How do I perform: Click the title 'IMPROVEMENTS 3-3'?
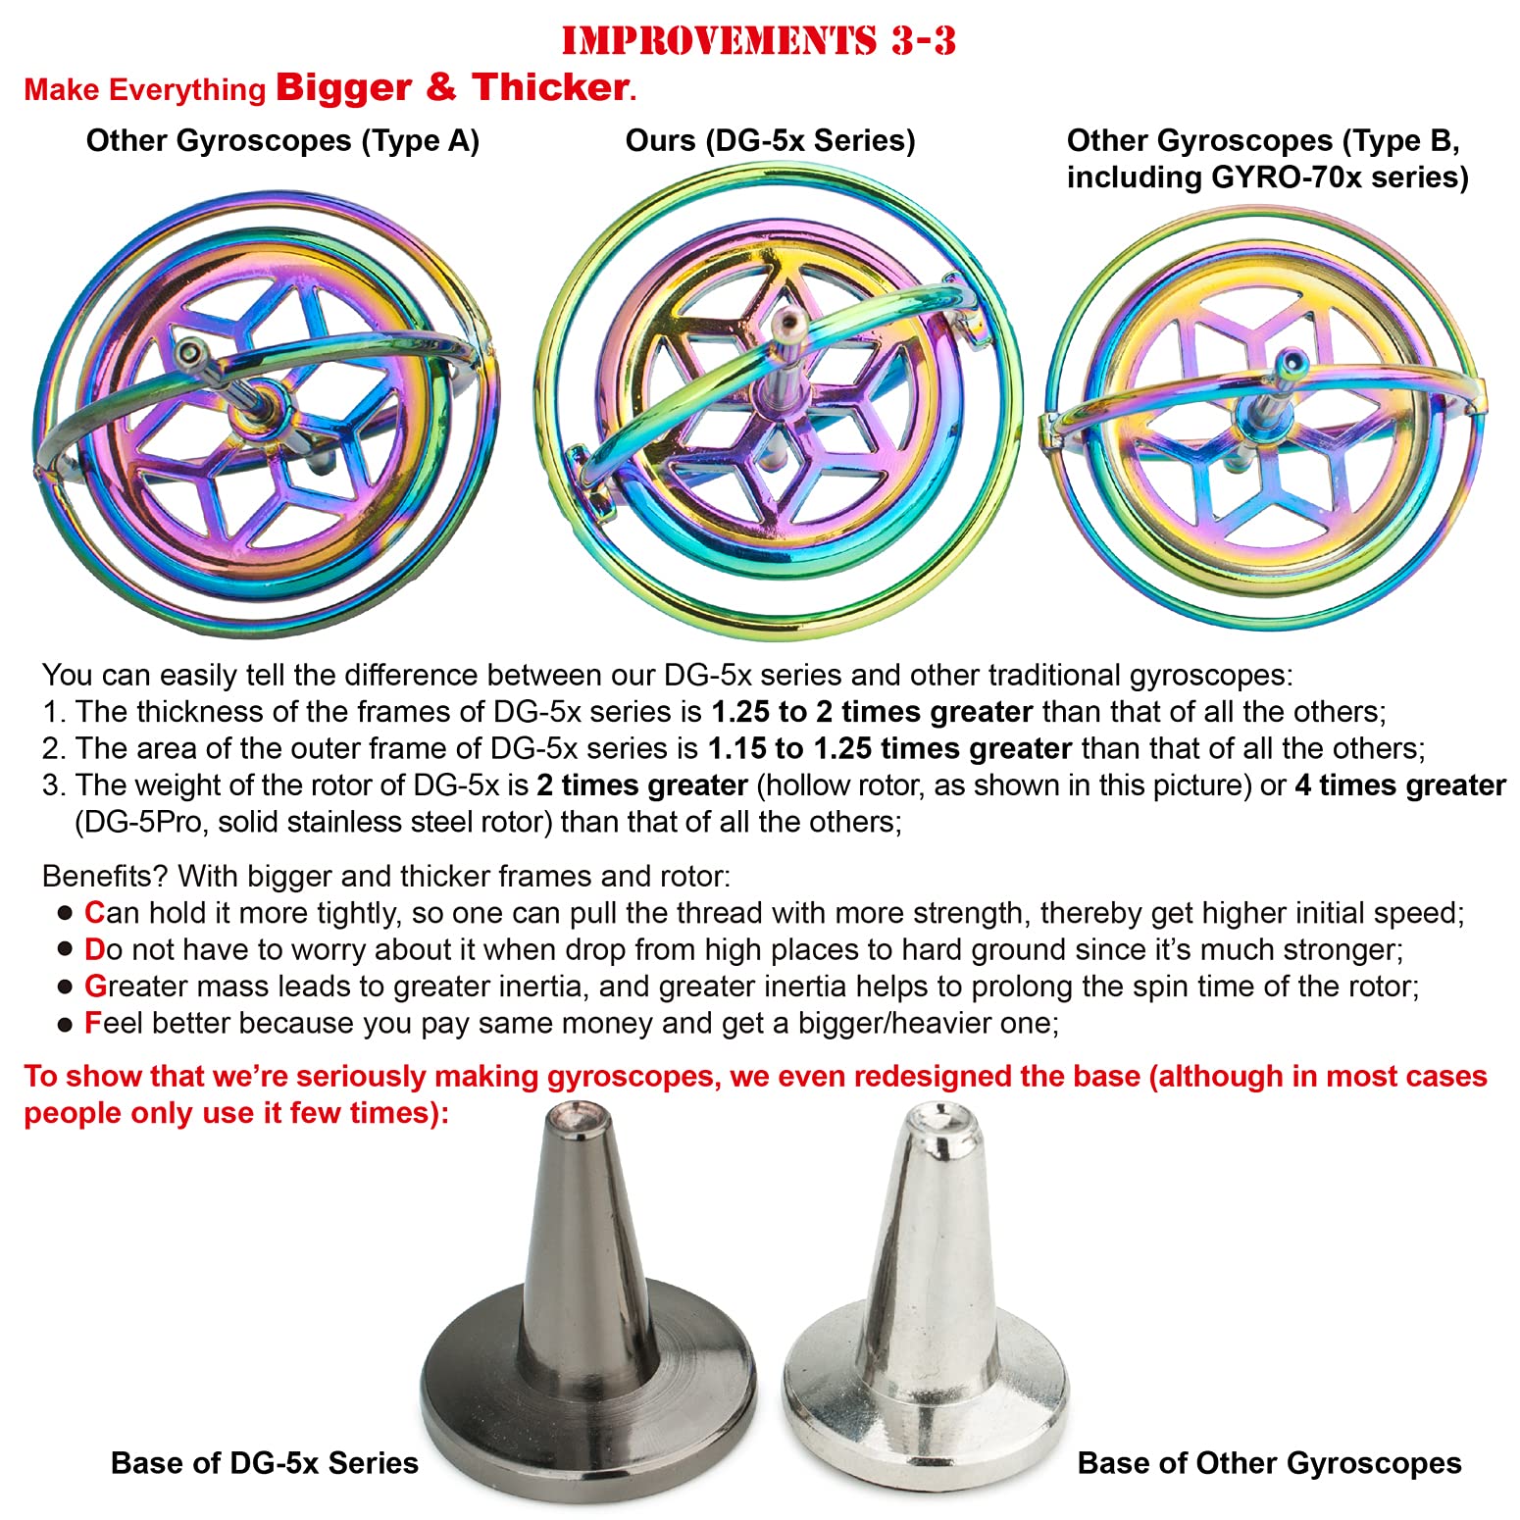758,40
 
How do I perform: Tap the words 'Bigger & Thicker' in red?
452,87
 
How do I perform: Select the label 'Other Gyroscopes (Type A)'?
282,141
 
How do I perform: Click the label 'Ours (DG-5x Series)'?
770,141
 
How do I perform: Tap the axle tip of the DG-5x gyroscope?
785,321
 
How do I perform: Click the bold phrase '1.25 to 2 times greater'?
872,712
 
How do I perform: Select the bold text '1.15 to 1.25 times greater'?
889,749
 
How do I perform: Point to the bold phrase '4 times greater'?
1399,785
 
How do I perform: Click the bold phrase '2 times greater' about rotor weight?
642,785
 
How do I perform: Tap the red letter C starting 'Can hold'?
94,913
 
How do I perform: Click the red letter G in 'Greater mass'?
95,987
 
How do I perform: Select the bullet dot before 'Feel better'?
65,1025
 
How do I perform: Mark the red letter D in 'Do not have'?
94,950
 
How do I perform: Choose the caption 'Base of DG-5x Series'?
265,1463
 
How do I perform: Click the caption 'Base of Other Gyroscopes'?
1269,1463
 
